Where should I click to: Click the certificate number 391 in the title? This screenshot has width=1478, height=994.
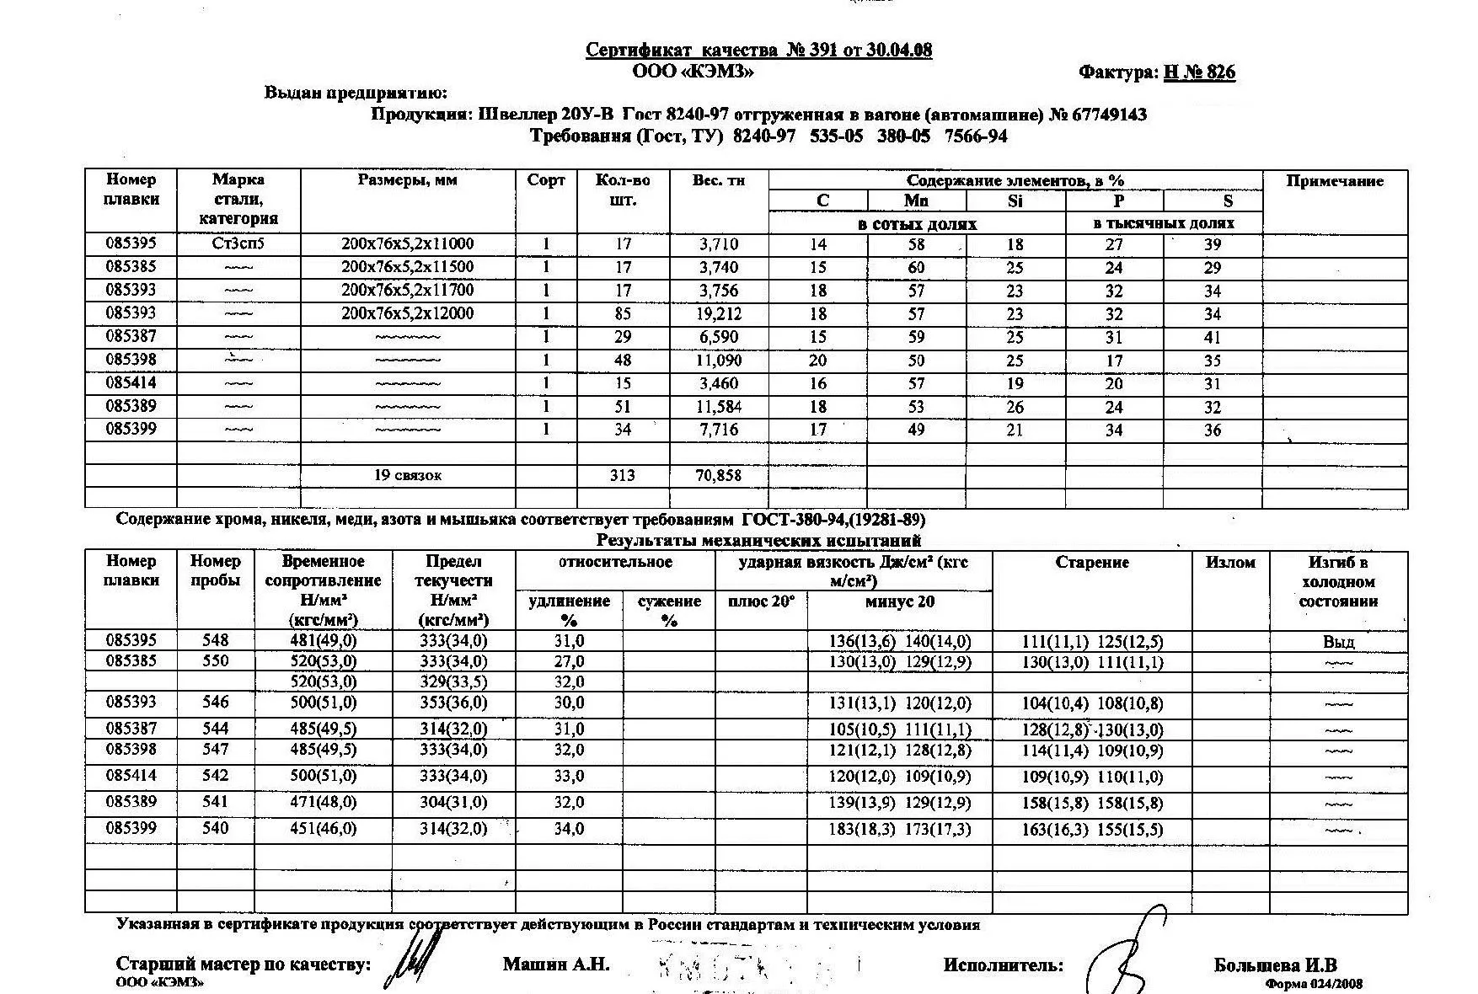point(817,51)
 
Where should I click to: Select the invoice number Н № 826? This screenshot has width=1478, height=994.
point(1199,72)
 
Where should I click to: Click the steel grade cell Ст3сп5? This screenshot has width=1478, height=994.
point(238,244)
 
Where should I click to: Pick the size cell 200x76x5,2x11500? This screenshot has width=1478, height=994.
point(408,267)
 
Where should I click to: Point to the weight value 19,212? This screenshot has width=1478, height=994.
point(719,313)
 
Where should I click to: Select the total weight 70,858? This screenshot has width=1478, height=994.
point(719,476)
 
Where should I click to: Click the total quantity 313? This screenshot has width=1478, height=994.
point(622,476)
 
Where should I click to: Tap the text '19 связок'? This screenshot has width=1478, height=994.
point(408,476)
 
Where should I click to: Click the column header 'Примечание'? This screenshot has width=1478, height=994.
point(1335,181)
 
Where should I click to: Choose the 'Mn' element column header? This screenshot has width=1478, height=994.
point(916,200)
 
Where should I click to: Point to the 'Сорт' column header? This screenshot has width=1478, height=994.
point(545,180)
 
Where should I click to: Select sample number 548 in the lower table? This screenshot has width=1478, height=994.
point(216,641)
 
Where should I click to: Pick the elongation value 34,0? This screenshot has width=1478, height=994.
point(569,830)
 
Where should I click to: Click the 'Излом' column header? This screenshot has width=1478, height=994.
point(1230,563)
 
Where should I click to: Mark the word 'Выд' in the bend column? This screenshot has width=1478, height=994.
point(1338,643)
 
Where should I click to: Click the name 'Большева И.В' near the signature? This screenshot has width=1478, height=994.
point(1275,965)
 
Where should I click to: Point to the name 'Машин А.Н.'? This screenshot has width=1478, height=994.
point(556,965)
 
